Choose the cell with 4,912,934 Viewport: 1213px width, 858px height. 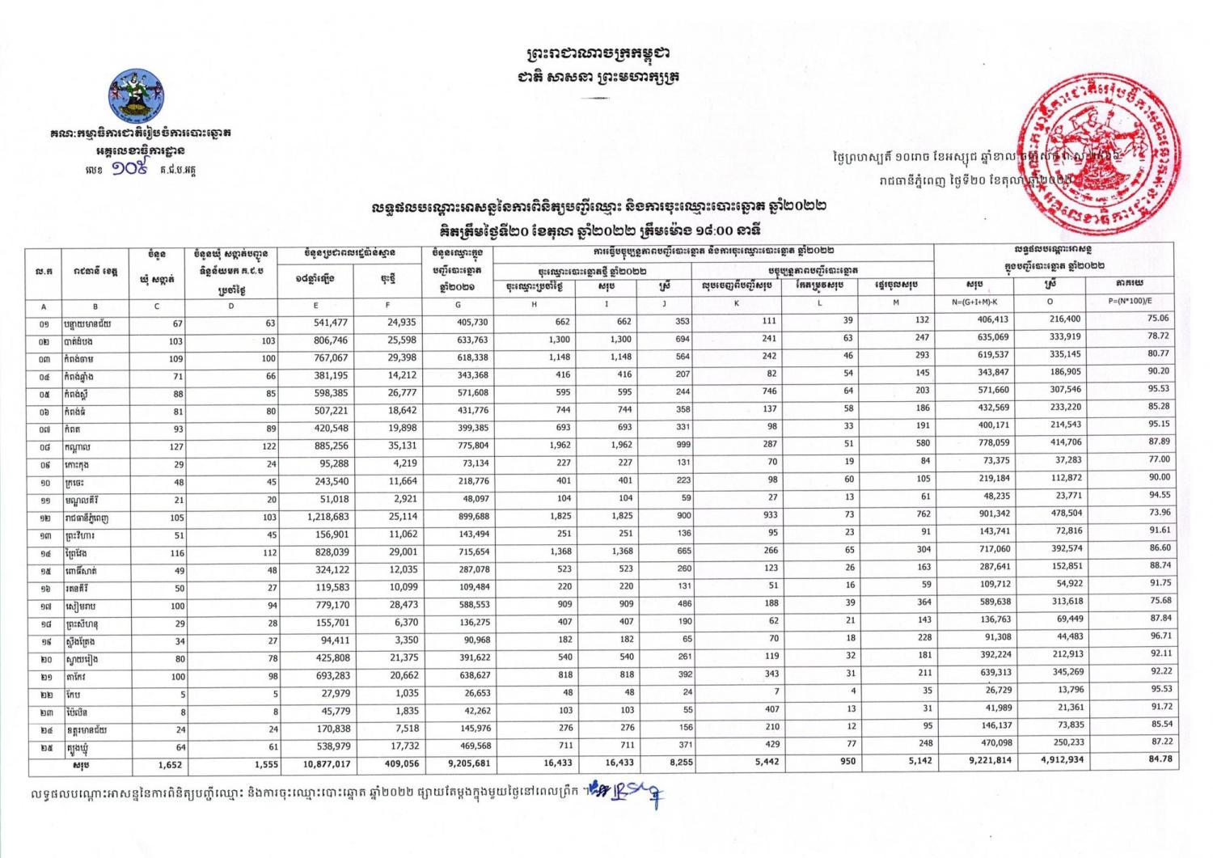[1056, 760]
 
